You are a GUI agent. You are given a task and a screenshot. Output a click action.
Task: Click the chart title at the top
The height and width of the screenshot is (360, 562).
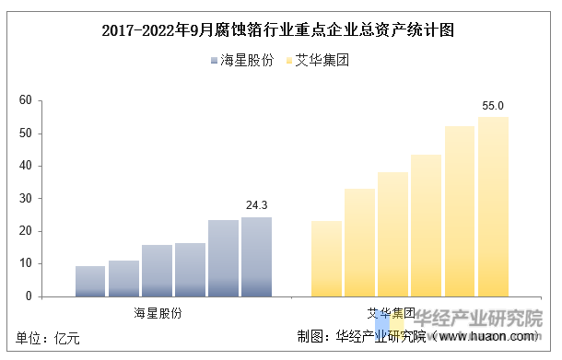point(280,29)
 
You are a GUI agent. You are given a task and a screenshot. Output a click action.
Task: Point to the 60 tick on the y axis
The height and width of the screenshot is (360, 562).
point(25,100)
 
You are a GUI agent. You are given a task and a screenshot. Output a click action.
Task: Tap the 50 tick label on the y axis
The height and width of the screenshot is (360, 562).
point(25,134)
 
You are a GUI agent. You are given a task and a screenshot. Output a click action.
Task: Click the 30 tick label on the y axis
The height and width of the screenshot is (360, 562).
point(25,199)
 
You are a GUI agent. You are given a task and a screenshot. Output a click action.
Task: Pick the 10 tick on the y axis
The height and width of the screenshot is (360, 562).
point(25,264)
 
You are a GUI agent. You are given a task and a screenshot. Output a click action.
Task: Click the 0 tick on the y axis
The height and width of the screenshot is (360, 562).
point(28,296)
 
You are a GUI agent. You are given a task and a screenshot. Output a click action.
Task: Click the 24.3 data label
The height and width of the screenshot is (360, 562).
point(256,205)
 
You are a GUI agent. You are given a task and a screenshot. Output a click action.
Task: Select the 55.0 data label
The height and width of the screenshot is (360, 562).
point(493,106)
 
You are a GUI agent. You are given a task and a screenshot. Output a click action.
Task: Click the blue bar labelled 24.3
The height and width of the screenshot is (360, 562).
point(256,257)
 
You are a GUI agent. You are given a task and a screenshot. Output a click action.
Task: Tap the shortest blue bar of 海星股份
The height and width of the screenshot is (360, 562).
point(90,281)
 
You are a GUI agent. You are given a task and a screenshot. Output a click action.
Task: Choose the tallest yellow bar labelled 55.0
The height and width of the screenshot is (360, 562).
point(493,206)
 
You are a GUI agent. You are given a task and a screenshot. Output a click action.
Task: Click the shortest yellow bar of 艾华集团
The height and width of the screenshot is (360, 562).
point(327,259)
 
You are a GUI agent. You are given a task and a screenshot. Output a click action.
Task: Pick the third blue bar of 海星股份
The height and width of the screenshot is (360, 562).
point(157,271)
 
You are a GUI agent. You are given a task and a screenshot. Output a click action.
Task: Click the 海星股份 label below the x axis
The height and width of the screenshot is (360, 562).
point(158,313)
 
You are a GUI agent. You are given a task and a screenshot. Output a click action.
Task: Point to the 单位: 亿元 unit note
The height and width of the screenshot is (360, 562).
point(42,337)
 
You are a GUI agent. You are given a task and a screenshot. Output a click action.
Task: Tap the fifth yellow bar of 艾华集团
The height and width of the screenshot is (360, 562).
point(460,211)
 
